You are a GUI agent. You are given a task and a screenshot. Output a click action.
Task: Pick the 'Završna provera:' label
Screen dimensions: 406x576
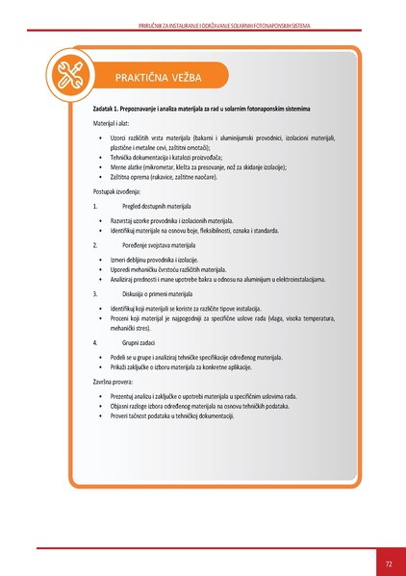(118, 381)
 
